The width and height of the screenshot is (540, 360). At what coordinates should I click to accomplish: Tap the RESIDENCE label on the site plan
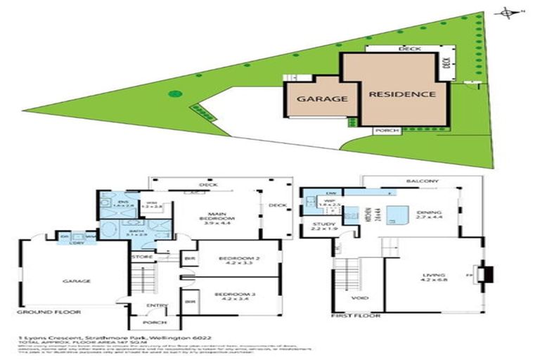point(399,94)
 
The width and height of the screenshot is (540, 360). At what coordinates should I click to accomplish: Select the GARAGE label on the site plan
point(321,99)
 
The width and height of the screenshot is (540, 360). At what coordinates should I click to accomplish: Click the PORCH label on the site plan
point(387,131)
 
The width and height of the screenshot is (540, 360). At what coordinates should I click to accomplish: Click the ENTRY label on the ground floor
point(156,305)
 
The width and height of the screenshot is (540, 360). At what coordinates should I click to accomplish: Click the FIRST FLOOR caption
point(359,316)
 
